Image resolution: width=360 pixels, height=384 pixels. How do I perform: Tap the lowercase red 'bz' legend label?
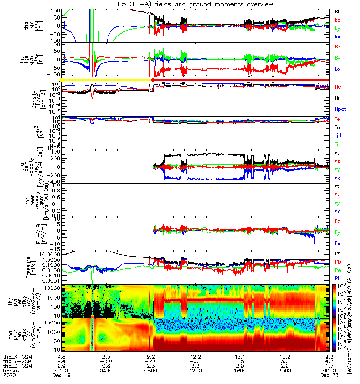tap(337, 20)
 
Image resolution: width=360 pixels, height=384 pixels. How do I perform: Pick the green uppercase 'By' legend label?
tap(338, 58)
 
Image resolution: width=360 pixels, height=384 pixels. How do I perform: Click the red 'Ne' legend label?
tap(338, 87)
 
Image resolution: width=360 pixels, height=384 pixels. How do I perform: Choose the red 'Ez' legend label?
tap(338, 222)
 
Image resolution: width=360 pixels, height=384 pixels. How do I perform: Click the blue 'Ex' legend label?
tap(338, 244)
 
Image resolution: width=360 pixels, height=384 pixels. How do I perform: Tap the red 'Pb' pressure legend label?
tap(338, 262)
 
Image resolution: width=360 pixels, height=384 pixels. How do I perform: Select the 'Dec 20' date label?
tap(329, 376)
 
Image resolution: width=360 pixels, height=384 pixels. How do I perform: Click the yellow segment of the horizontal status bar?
tap(106, 79)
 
